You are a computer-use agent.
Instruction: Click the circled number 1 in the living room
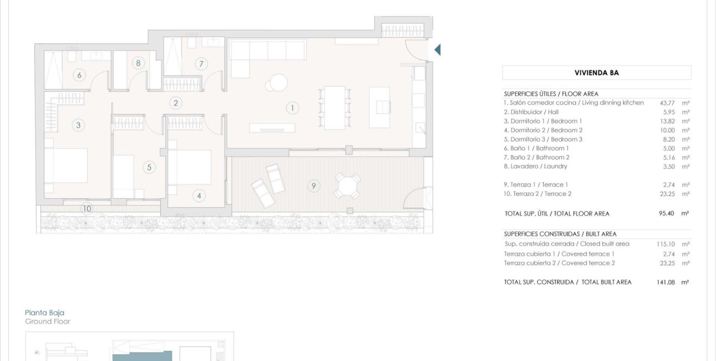[292, 108]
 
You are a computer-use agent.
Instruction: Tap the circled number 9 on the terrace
[313, 186]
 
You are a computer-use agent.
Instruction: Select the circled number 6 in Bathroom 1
[79, 75]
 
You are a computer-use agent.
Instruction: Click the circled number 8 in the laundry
[138, 63]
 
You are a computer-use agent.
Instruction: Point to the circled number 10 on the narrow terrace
[86, 209]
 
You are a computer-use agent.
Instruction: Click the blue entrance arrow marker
[437, 50]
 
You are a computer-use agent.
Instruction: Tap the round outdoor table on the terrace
[347, 185]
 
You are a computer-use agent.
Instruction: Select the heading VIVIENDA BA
[597, 73]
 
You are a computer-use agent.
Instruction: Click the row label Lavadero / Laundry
[535, 167]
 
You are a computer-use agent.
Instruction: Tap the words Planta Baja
[45, 313]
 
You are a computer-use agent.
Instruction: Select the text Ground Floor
[48, 322]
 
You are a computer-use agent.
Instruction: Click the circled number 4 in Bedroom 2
[199, 195]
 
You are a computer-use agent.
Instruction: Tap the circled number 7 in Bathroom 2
[201, 64]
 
